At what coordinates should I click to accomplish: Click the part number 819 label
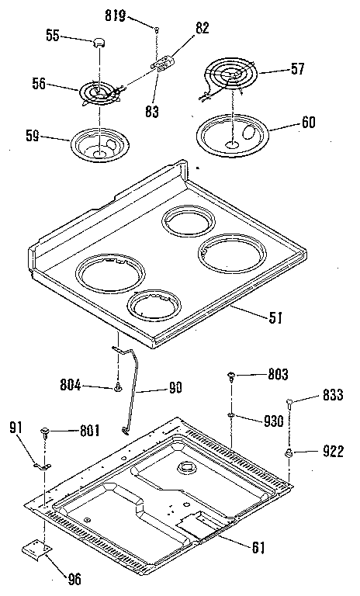116,16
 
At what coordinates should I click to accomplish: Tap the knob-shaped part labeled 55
99,43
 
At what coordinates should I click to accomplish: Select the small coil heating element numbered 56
100,93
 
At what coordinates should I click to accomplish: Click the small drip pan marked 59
99,145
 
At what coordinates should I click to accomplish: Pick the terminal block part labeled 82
163,64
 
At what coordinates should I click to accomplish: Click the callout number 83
151,112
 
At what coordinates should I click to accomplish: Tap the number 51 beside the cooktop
275,317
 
